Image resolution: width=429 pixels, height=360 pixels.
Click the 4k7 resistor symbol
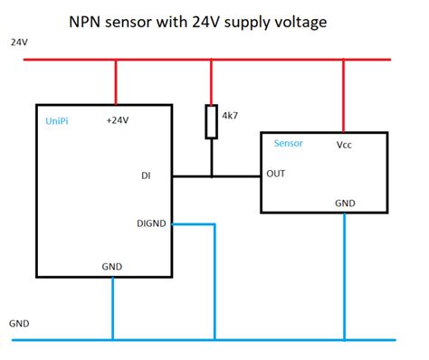[211, 122]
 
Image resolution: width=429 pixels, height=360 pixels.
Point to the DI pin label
[147, 176]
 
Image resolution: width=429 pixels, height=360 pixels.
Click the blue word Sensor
[288, 144]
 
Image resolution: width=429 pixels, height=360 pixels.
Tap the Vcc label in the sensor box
[346, 144]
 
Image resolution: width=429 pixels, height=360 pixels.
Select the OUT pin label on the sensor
[276, 175]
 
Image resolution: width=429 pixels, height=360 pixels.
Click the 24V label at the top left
[19, 43]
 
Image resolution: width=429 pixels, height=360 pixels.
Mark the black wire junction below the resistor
[211, 175]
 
